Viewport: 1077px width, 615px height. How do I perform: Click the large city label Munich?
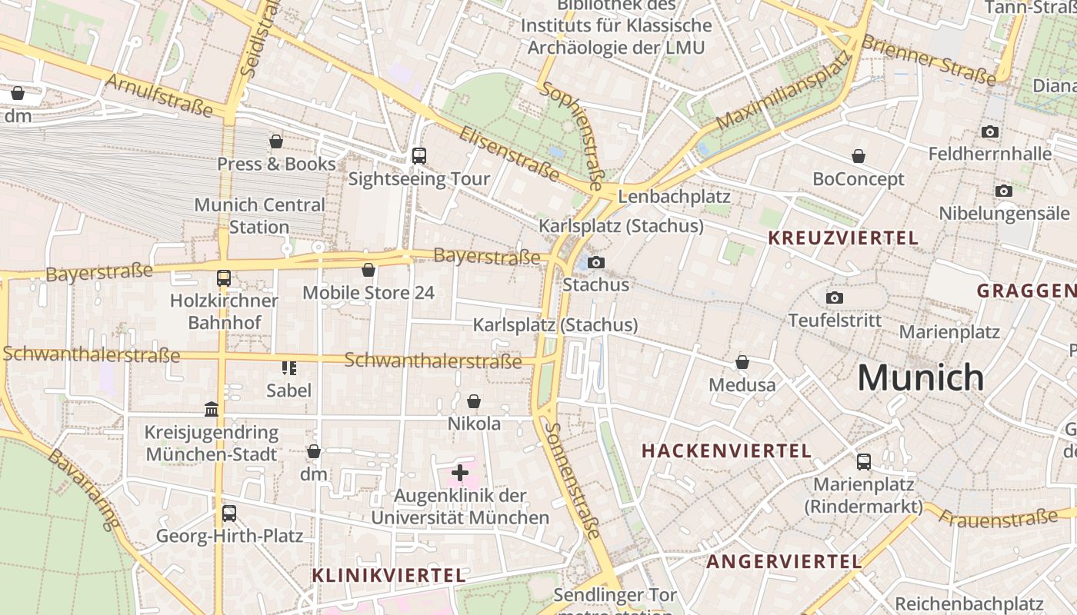[x=921, y=377]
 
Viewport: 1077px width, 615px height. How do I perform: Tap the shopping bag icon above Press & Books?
[x=276, y=141]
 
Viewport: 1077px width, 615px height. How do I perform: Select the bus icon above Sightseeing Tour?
[x=419, y=156]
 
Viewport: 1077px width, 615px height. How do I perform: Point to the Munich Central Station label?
[x=259, y=216]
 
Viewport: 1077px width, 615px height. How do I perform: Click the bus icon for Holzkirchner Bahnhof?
[x=224, y=278]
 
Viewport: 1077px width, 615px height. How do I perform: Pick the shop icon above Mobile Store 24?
[x=368, y=270]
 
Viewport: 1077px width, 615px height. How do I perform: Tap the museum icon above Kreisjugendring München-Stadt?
[x=212, y=409]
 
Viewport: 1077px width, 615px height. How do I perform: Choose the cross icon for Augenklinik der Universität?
[x=460, y=473]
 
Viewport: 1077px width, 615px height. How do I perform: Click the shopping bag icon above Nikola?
[x=474, y=401]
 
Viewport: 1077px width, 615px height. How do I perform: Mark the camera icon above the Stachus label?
[x=595, y=263]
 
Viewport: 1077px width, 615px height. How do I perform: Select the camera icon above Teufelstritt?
[x=835, y=298]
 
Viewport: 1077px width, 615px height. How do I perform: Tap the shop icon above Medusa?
[x=742, y=361]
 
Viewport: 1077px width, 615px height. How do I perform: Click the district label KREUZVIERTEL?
[x=843, y=238]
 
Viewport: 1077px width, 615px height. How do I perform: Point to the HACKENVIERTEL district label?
[x=727, y=451]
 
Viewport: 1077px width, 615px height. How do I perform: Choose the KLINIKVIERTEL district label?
[x=389, y=575]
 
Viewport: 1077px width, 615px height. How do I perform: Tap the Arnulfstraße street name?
[x=159, y=95]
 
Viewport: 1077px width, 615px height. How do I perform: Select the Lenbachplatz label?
[x=674, y=196]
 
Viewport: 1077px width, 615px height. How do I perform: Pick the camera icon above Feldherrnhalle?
[x=990, y=131]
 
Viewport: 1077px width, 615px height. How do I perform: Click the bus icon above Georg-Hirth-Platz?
[x=229, y=514]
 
